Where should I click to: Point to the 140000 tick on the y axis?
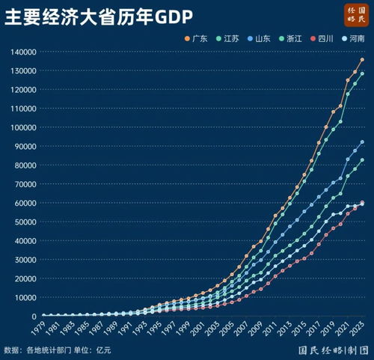24,52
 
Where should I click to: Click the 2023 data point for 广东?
362,60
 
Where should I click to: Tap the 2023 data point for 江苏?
362,73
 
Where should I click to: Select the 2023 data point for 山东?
362,141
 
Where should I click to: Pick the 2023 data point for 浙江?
362,159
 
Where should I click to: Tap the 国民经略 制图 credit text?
331,349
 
